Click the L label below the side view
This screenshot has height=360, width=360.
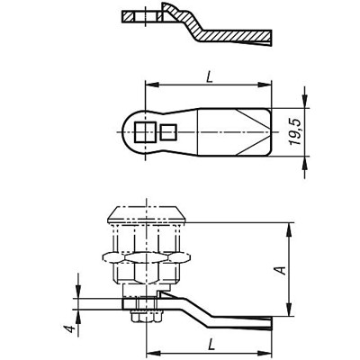(x=209, y=342)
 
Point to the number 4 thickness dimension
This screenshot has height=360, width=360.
(x=68, y=328)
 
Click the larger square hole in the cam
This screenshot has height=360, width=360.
(x=143, y=134)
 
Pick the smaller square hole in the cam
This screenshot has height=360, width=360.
(x=166, y=134)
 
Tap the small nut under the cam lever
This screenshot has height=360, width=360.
(x=144, y=317)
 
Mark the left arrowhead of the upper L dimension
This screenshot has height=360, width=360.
(x=148, y=87)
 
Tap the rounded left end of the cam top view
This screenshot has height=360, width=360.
(x=124, y=134)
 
